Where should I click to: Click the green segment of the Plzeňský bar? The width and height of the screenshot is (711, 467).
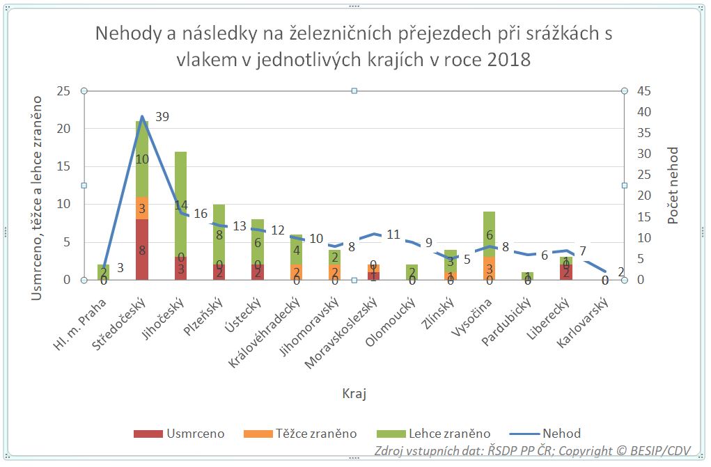219,230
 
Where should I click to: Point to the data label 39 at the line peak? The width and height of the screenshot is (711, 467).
162,118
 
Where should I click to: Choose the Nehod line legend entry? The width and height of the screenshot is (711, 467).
547,434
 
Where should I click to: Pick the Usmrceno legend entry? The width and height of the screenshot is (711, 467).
179,434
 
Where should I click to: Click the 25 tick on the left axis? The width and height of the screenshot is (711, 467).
63,91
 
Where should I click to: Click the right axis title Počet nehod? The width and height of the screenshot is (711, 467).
673,185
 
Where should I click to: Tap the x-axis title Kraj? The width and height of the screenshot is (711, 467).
354,394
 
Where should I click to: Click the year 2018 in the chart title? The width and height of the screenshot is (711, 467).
509,60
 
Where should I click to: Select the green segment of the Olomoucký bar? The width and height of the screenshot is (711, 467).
412,271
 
